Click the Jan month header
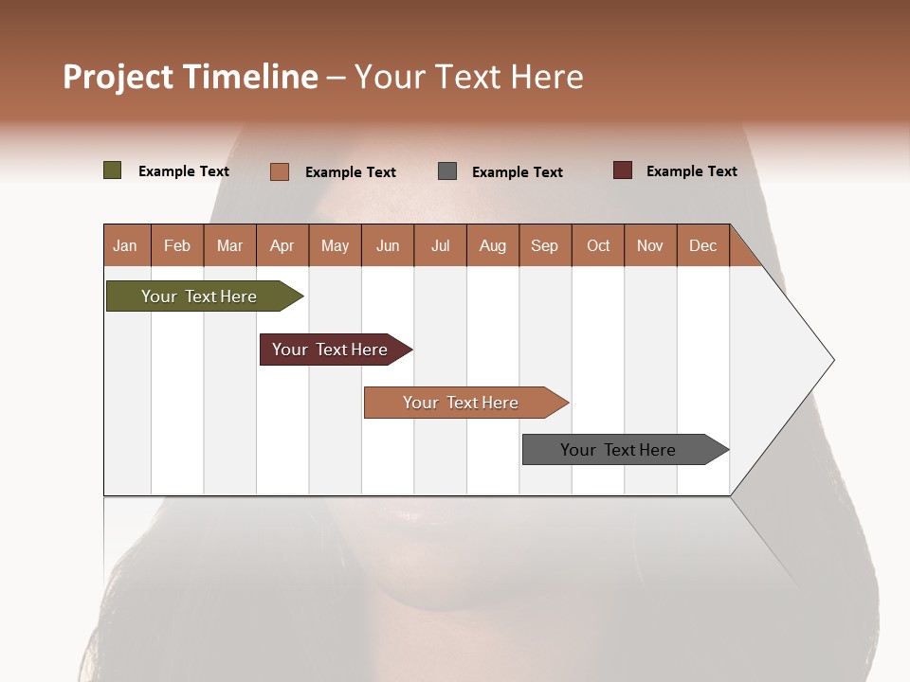pyautogui.click(x=126, y=245)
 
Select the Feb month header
pyautogui.click(x=177, y=245)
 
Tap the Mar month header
pyautogui.click(x=229, y=245)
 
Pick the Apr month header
pyautogui.click(x=282, y=245)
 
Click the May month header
pyautogui.click(x=335, y=245)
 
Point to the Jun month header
pyautogui.click(x=388, y=245)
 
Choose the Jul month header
pyautogui.click(x=440, y=245)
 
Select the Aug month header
pyautogui.click(x=493, y=245)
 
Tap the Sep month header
pyautogui.click(x=545, y=245)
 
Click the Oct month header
pyautogui.click(x=598, y=245)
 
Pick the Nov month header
pyautogui.click(x=650, y=245)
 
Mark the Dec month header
pyautogui.click(x=702, y=245)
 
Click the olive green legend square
pyautogui.click(x=113, y=170)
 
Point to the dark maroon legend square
pyautogui.click(x=623, y=170)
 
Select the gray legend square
pyautogui.click(x=447, y=170)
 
